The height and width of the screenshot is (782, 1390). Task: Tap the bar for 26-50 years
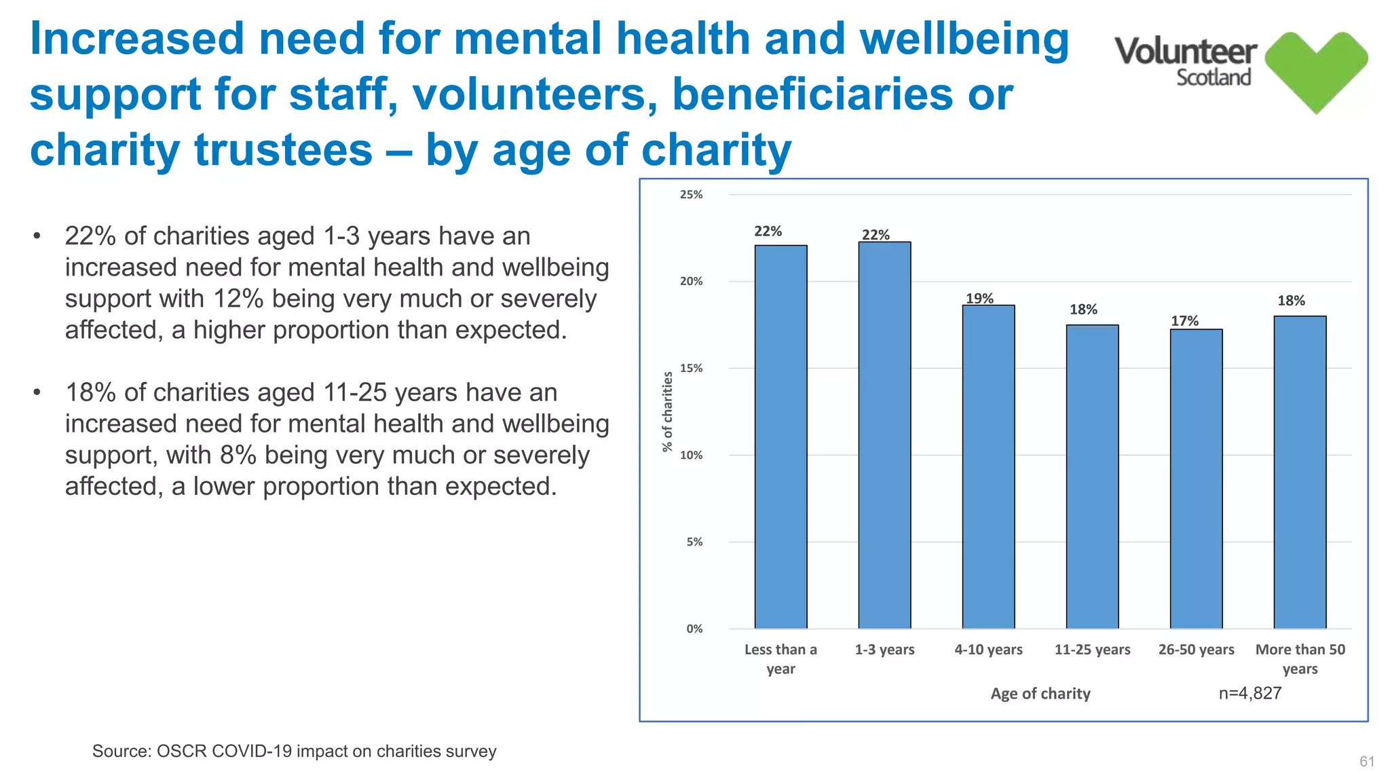coord(1196,479)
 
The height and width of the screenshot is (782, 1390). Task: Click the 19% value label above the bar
coord(979,299)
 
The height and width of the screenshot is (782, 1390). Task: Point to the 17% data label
coord(1184,321)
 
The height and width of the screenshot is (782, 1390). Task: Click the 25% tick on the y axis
coord(691,195)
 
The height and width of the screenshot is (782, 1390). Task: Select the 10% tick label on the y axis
coord(691,455)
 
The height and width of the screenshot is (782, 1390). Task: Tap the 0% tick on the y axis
coord(694,629)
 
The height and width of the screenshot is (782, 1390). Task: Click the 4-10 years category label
coord(988,650)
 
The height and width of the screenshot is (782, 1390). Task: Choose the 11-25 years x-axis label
coord(1092,650)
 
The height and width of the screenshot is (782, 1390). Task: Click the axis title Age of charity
coord(1040,694)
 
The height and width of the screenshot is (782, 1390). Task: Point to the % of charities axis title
coord(668,411)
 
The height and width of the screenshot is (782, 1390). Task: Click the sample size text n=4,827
coord(1250,693)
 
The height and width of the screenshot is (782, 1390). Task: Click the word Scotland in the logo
coord(1214,77)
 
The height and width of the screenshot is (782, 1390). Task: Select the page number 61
coord(1367,762)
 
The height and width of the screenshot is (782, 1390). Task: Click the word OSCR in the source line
coord(179,751)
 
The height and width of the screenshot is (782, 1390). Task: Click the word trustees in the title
coord(284,150)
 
